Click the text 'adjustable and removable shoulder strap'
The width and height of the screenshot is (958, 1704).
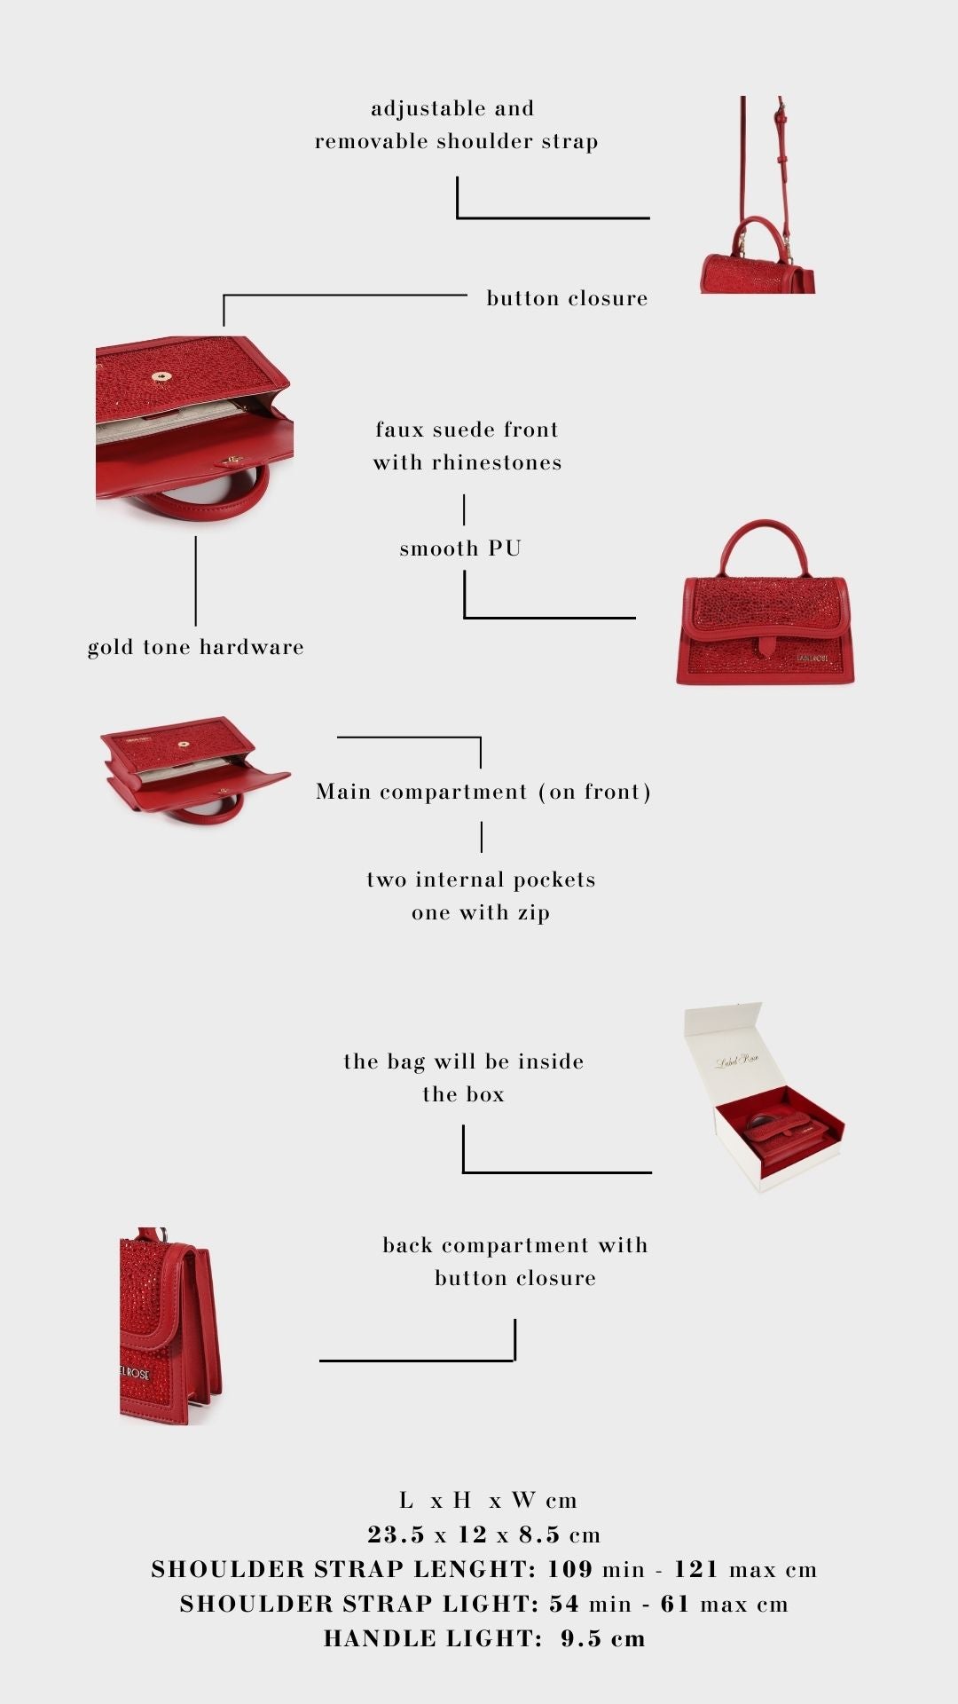coord(456,125)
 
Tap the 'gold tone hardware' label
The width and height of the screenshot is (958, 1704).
coord(196,647)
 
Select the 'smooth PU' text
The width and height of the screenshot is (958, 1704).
coord(460,548)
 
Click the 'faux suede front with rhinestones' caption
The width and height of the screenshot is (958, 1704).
coord(467,446)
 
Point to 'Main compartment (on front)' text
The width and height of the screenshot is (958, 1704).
coord(483,792)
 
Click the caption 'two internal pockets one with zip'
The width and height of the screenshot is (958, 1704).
coord(481,896)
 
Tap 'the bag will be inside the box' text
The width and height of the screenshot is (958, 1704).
coord(464,1077)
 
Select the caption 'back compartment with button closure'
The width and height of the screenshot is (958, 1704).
coord(515,1261)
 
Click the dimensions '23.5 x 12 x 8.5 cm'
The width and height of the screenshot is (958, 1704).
coord(484,1534)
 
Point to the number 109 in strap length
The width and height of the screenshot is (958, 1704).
coord(569,1569)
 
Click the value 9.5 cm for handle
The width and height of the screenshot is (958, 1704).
coord(603,1638)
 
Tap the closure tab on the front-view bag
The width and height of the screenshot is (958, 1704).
coord(764,646)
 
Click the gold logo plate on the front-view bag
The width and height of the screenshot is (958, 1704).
coord(812,658)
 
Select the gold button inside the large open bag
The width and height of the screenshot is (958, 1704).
coord(161,377)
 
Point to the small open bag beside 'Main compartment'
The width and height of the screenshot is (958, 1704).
coord(194,769)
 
